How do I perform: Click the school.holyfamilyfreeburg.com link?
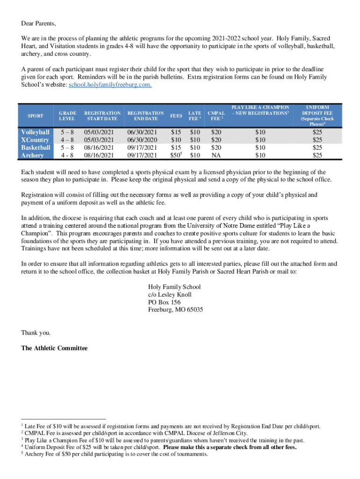(110, 86)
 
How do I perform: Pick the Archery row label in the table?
(32, 155)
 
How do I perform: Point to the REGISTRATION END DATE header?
(145, 116)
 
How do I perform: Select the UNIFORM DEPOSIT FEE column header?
(317, 116)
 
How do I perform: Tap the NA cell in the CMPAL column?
(216, 155)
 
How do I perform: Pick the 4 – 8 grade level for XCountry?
(66, 140)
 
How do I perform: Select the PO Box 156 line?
(164, 302)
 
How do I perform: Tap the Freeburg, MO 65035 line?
(175, 310)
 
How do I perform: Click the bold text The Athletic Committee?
(54, 348)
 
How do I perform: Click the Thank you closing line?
(36, 333)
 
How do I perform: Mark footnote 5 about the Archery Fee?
(115, 454)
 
